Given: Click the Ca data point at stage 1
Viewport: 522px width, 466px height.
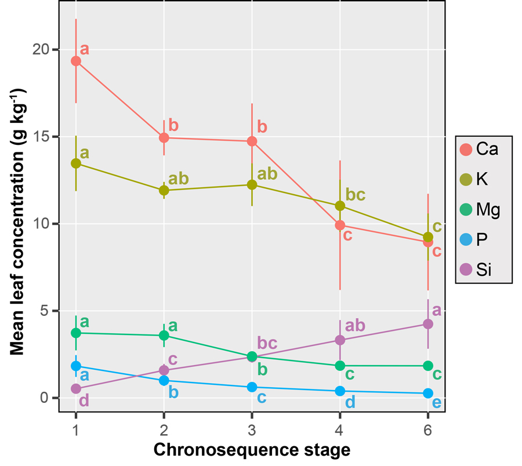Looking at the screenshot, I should [x=76, y=61].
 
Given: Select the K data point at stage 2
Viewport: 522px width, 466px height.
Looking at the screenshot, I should [x=164, y=190].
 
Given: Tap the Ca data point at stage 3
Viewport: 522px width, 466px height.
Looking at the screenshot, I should [x=252, y=141].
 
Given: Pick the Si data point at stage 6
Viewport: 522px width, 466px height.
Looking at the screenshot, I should [x=428, y=324].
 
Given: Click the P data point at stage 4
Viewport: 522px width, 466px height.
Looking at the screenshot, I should [x=340, y=391].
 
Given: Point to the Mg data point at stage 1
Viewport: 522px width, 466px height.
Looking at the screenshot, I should [x=76, y=333].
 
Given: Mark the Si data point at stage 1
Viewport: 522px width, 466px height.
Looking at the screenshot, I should [x=76, y=388].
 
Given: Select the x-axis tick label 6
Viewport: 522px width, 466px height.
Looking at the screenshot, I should [x=428, y=427].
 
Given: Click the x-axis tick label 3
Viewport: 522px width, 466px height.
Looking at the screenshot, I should [x=252, y=427].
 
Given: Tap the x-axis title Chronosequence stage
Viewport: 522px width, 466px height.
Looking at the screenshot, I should [x=252, y=450].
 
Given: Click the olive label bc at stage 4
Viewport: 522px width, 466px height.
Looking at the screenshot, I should [x=355, y=195].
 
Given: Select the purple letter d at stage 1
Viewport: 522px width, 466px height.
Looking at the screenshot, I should [x=84, y=401].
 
